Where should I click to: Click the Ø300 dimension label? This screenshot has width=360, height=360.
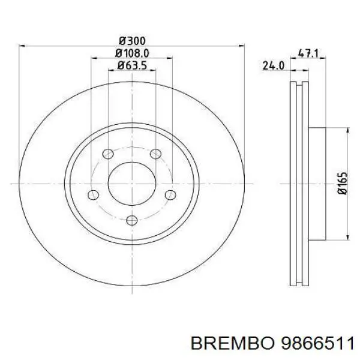coord(132,41)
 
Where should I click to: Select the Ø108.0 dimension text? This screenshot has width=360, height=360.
coord(132,53)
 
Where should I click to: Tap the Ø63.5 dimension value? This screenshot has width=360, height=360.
coord(132,65)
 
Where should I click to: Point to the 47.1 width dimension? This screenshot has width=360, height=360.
coord(308,53)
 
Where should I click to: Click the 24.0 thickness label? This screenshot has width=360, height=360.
coord(273,66)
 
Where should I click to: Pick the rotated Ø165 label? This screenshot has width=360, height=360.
coord(343,184)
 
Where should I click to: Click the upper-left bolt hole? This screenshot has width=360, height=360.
coord(108,154)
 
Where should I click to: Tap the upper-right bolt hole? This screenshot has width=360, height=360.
coord(155,154)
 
